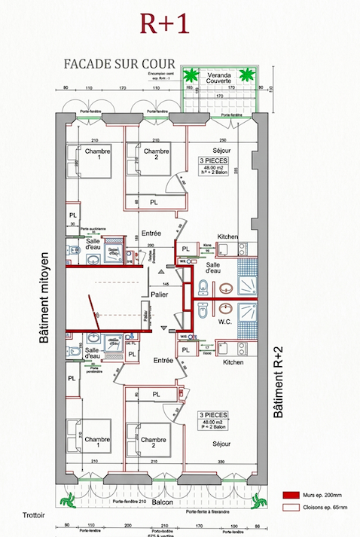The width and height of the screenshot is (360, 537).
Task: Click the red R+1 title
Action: pos(164,23)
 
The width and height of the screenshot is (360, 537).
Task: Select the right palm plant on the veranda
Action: pos(246,75)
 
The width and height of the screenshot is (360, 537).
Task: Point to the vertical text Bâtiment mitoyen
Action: pos(44,297)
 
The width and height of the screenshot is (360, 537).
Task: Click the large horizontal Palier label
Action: pos(158,294)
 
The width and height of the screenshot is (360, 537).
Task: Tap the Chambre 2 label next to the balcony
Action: pos(153,440)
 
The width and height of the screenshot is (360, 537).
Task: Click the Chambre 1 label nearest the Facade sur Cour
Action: pos(97,152)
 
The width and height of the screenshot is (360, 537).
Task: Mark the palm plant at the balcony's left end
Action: pos(69,497)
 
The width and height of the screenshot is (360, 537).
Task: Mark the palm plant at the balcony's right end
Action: pos(258,497)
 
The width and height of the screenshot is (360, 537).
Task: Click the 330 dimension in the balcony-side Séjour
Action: pos(221,461)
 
